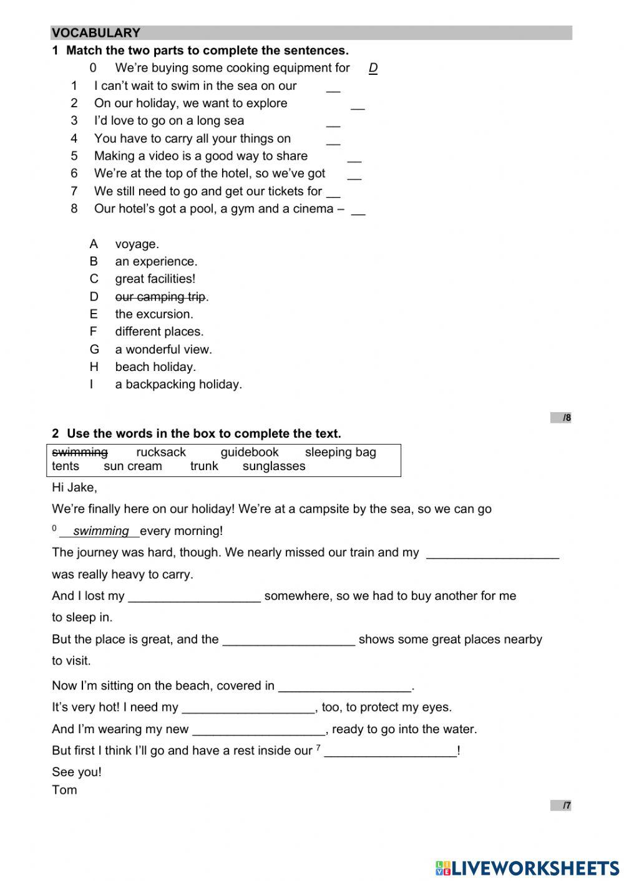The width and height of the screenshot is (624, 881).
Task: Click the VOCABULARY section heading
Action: tap(96, 33)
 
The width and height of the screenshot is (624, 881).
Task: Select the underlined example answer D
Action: tap(373, 68)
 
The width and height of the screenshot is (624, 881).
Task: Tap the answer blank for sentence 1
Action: tap(333, 87)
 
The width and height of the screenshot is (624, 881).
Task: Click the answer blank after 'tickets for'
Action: tap(333, 192)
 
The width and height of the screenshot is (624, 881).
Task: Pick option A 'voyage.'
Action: tap(137, 244)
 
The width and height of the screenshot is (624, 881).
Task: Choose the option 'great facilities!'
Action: tap(155, 279)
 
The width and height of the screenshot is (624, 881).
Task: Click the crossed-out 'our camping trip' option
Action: tap(160, 297)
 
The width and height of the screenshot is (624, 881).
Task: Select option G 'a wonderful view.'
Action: tap(163, 349)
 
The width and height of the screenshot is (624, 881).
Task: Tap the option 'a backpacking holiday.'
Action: tap(178, 384)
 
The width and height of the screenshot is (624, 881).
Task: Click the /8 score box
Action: tap(561, 418)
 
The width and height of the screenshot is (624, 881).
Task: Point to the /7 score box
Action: tap(561, 806)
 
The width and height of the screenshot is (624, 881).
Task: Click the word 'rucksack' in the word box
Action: tap(161, 452)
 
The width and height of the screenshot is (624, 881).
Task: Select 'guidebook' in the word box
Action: tap(250, 452)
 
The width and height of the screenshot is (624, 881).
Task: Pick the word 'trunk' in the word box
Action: tap(204, 466)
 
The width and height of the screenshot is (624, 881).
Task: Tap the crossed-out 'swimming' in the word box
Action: tap(80, 452)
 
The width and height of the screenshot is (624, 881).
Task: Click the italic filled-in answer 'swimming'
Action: tap(100, 531)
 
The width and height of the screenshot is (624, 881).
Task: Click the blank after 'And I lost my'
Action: tap(194, 597)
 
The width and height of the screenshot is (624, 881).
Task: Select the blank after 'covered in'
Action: tap(344, 686)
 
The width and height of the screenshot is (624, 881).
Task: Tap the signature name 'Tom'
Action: tap(64, 790)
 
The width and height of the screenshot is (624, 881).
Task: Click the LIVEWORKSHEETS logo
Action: tap(527, 867)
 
